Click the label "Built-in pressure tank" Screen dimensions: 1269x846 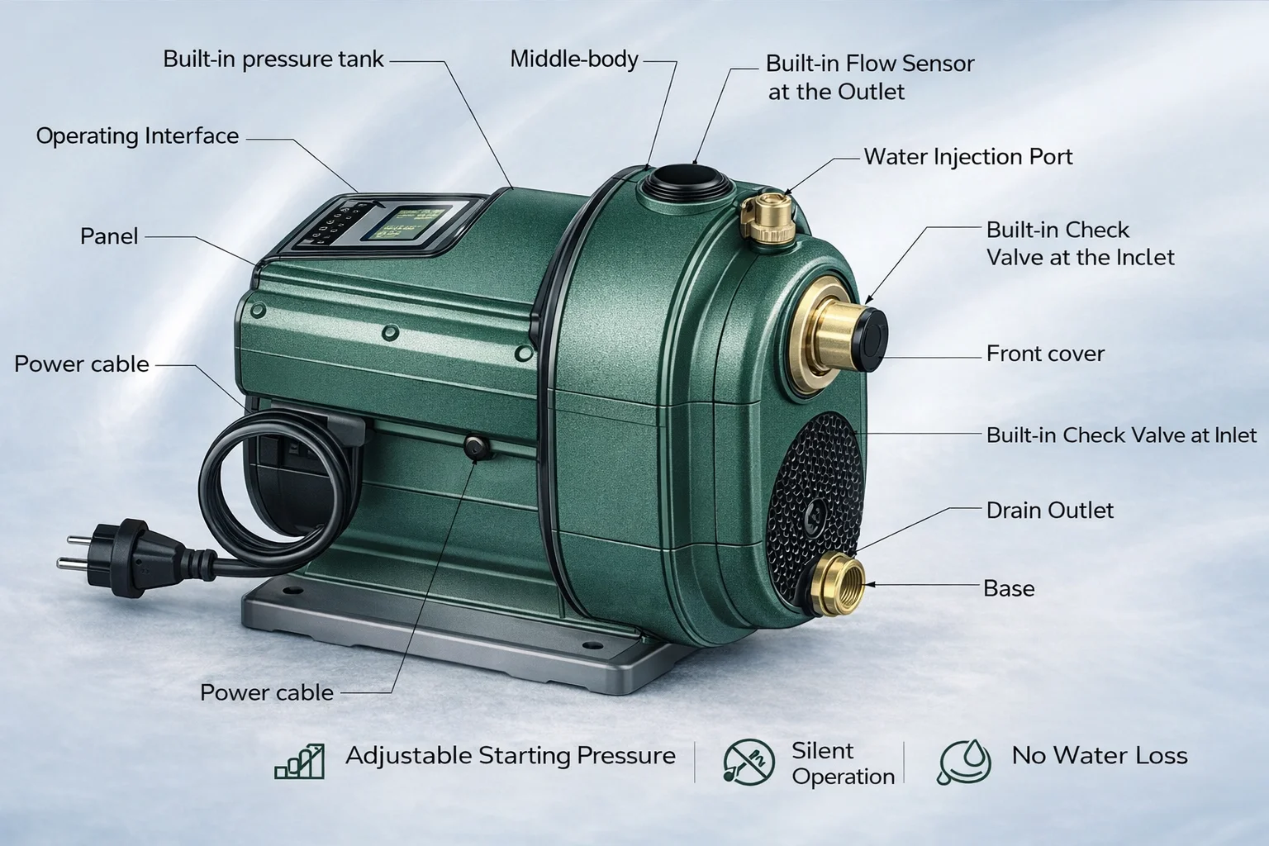point(273,59)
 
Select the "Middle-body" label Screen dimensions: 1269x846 point(574,59)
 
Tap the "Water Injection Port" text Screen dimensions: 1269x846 point(968,157)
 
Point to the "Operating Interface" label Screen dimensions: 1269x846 point(137,136)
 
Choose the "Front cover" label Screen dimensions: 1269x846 point(1045,354)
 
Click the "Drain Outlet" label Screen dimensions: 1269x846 point(1050,511)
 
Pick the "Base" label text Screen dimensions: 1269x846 point(1009,588)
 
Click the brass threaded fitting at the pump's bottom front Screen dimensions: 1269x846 point(836,586)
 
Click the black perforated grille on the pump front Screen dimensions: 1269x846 point(815,506)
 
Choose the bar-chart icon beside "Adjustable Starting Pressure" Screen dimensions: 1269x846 point(300,762)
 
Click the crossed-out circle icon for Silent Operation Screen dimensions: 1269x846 point(749,761)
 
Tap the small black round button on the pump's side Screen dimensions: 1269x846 point(477,447)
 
